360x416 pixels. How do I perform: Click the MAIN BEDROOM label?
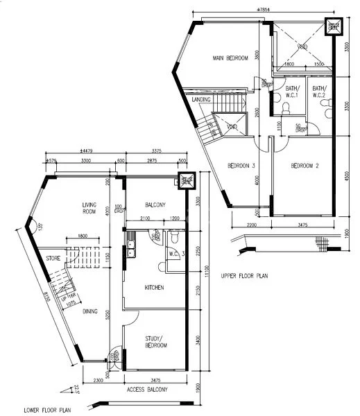(x=230, y=58)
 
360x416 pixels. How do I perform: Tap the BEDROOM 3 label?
(x=241, y=166)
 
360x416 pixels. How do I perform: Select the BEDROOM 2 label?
(x=305, y=166)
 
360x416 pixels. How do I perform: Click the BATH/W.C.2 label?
(x=319, y=92)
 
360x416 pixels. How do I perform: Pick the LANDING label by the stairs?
(x=201, y=99)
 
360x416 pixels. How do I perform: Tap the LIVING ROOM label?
(x=89, y=209)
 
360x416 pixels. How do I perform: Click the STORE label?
(x=53, y=258)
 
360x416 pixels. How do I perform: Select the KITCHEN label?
(x=154, y=287)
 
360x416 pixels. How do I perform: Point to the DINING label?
(x=91, y=311)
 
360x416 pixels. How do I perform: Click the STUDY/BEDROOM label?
(x=155, y=341)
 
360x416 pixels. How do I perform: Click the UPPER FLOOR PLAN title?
(x=244, y=275)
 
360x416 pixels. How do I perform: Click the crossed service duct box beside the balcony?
(x=185, y=182)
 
